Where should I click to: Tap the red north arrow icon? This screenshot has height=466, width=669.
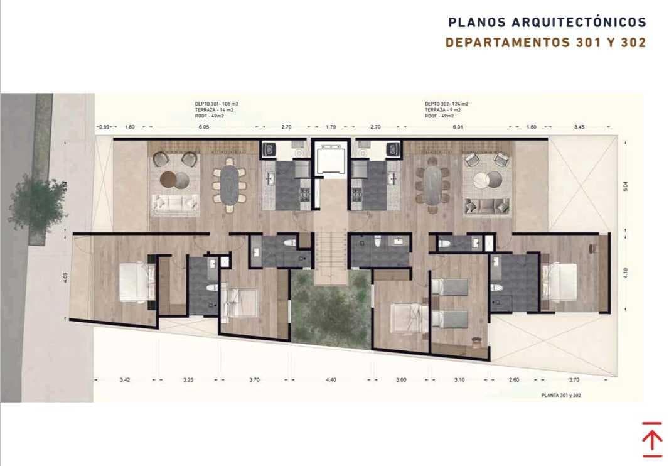652,440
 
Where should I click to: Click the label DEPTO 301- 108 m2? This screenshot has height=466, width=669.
217,104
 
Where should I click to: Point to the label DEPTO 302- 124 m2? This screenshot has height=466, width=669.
446,104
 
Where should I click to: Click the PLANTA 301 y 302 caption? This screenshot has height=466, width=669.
562,396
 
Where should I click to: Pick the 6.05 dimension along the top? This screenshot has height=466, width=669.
204,127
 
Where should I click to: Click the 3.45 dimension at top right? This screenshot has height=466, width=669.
579,127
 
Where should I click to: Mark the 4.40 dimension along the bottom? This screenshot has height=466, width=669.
331,380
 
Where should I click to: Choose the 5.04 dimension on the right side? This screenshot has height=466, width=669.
625,187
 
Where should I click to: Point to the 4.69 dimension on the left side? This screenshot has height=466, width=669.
65,276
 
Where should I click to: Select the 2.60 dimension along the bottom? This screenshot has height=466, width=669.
514,380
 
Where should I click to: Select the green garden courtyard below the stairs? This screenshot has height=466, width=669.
331,311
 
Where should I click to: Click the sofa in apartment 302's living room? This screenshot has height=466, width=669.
487,205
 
